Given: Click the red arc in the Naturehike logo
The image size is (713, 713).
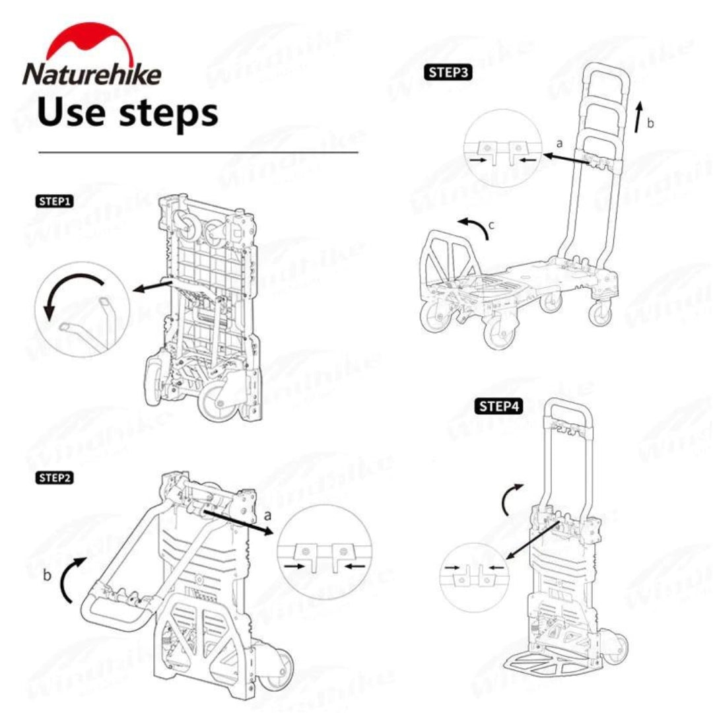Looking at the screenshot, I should point(92,40).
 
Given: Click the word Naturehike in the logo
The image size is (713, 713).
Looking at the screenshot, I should point(92,73).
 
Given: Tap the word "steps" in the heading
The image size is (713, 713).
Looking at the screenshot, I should point(168,112).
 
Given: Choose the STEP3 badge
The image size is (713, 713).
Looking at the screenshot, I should point(448,72).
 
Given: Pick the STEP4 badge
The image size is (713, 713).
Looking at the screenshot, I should point(499,406).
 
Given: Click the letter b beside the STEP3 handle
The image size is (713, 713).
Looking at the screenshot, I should point(650,123).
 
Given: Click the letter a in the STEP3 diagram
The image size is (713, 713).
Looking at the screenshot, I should point(560,143).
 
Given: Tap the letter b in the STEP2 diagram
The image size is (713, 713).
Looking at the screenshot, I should point(47,575).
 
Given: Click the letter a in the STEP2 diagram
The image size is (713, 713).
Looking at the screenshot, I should point(267,514).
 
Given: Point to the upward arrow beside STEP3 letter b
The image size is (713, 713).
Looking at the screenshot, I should point(638,117).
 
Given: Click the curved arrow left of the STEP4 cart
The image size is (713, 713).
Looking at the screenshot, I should point(510,499).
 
